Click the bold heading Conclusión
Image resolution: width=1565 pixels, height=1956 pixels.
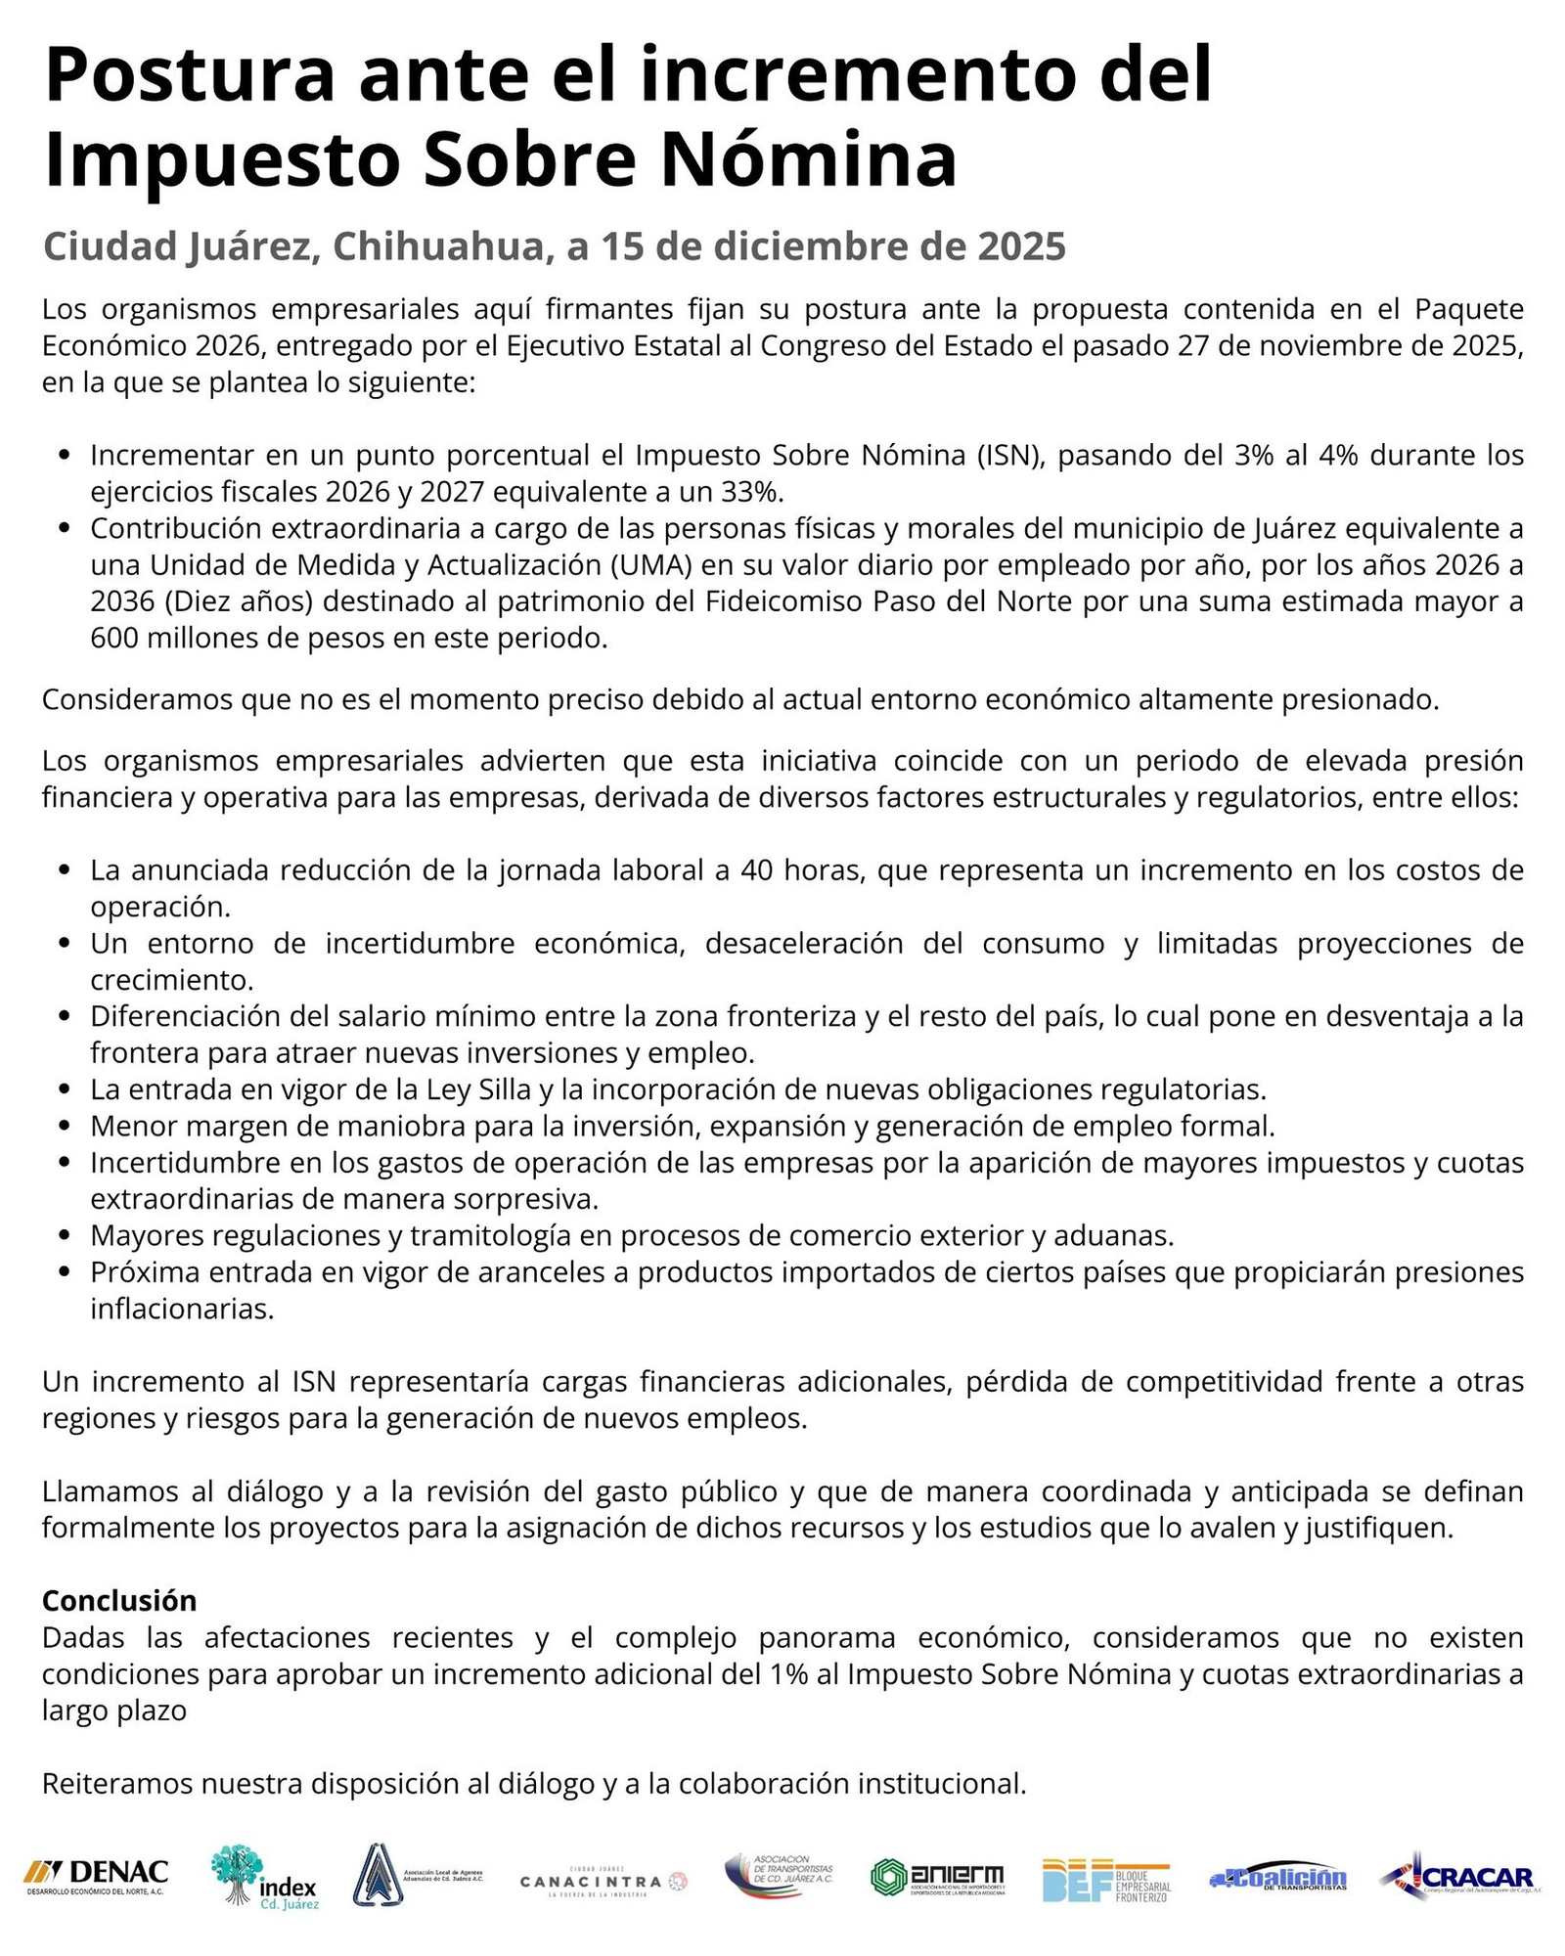pos(119,1600)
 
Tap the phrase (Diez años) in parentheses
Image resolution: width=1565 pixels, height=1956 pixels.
pos(201,601)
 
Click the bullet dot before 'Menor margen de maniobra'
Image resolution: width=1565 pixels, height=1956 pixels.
pos(66,1127)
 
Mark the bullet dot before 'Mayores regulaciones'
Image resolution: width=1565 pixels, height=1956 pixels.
pos(66,1236)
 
